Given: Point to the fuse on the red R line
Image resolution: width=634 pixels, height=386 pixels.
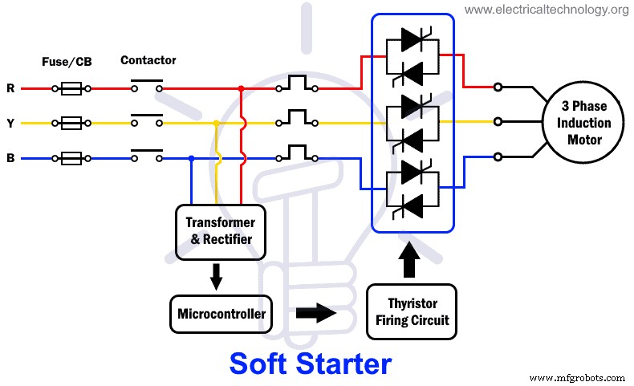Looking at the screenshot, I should (x=71, y=88).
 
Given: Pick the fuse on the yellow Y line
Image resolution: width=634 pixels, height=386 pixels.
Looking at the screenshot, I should (x=71, y=124).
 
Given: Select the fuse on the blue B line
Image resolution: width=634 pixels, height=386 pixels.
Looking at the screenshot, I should (x=71, y=158).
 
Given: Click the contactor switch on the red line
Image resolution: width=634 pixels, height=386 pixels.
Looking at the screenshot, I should (x=146, y=87).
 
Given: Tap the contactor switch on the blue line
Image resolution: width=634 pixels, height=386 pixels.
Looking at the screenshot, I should (x=146, y=156).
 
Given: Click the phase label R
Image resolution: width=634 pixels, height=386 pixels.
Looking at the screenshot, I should (x=10, y=88).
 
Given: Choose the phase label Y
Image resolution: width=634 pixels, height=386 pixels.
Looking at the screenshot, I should (x=10, y=124).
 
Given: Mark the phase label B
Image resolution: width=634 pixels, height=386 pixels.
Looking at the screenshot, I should (x=10, y=158).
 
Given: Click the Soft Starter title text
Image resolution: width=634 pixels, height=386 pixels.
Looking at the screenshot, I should (x=311, y=364).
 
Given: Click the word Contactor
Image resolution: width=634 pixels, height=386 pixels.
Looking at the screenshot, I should (x=148, y=60).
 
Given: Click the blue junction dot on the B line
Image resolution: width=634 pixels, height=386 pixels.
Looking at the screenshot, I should (x=190, y=158).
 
